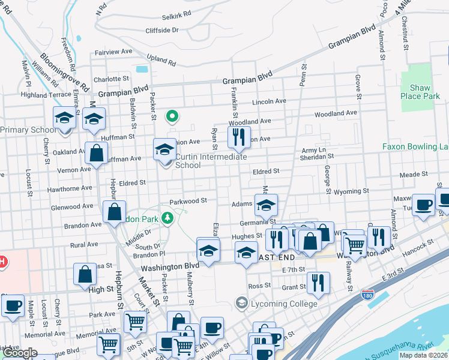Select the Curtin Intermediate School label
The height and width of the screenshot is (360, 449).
(211, 161)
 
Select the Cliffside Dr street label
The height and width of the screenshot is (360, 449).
(161, 30)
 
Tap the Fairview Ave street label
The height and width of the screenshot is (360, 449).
(112, 52)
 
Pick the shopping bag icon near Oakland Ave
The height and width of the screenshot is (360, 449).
(96, 153)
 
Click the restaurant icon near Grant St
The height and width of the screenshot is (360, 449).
(318, 283)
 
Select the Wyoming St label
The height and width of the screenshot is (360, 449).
(350, 191)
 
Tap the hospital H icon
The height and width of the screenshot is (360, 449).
(2, 262)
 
